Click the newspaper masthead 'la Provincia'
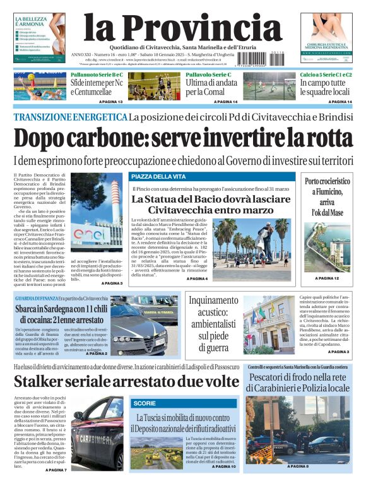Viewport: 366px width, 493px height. click(x=182, y=28)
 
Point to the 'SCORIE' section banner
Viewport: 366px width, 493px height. click(x=145, y=402)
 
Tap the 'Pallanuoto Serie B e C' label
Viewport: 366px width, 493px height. click(x=97, y=74)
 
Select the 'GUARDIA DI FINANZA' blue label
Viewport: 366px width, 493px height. click(x=37, y=298)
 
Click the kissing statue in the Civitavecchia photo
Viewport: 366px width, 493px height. click(x=264, y=240)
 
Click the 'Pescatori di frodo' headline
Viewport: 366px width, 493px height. click(x=299, y=383)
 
